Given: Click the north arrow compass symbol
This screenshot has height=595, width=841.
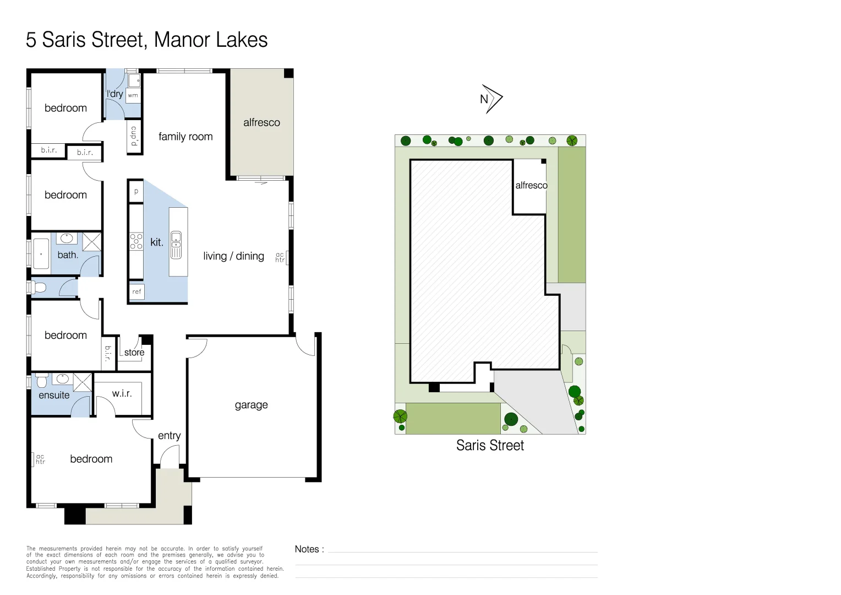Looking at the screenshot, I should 491,99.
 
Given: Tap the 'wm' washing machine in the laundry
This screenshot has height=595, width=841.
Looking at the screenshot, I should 133,95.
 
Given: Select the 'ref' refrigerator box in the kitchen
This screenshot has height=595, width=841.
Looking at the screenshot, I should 136,291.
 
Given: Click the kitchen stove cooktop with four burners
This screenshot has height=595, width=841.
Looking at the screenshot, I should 136,242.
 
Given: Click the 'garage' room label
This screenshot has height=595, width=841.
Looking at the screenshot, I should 251,405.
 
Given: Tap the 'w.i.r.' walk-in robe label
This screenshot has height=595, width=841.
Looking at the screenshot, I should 122,393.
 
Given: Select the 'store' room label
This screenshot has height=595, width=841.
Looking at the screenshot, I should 134,353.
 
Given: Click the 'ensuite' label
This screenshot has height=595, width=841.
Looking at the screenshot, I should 54,395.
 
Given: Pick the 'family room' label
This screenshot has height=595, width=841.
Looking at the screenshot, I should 185,137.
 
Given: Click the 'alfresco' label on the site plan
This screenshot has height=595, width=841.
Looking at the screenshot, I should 531,186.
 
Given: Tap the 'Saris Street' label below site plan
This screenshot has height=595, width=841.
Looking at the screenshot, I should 490,446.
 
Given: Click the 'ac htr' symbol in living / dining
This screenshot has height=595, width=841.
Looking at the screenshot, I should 280,257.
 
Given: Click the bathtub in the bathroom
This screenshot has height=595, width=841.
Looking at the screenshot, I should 41,254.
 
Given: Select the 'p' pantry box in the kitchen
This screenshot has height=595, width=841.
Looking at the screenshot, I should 136,192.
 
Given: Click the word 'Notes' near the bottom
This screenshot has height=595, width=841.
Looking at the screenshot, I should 307,549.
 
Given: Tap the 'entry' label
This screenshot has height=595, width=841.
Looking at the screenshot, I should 169,436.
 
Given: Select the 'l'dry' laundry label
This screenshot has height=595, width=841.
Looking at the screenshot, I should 114,94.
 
